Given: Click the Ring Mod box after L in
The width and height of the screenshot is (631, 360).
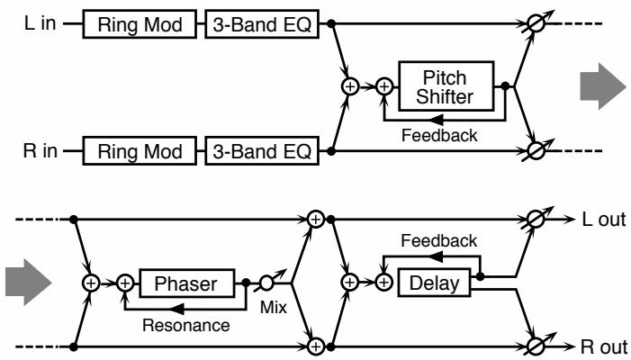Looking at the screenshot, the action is point(140,24).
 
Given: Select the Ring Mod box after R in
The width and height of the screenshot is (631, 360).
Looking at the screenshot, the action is point(140,151).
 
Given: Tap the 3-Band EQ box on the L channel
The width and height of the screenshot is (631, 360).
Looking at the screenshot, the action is point(262,24).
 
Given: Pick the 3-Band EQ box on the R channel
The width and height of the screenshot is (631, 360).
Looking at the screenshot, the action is point(262,151).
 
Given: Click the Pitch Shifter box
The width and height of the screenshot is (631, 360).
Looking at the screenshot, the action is point(446,86).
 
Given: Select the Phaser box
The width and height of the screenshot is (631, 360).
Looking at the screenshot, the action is point(186,283).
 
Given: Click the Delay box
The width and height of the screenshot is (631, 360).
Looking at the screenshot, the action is point(434,283).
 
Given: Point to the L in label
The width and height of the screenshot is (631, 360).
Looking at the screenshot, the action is point(40,23).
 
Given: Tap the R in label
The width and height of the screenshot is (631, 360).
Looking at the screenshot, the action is point(40,151).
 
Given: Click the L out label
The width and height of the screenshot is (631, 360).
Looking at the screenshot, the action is point(604,220).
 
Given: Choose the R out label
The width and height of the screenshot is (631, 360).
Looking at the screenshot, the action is point(604,346).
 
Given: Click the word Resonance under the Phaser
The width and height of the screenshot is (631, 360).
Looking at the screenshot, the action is point(186,325).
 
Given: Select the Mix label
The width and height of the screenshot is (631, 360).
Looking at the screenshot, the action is point(274,307).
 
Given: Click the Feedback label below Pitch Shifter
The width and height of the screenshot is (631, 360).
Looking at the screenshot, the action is point(439,135).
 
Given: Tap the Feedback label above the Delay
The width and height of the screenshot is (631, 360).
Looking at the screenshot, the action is point(439,241).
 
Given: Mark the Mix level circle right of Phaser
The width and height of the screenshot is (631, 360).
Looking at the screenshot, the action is point(266,283).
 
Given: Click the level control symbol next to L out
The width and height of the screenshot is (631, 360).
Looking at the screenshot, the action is point(536,220).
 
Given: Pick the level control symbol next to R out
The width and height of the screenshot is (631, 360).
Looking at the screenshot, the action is point(536,346).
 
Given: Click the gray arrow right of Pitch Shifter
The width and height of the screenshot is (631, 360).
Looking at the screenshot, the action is point(603,86).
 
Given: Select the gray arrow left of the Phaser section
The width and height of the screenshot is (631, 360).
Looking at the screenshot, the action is point(28,283).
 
